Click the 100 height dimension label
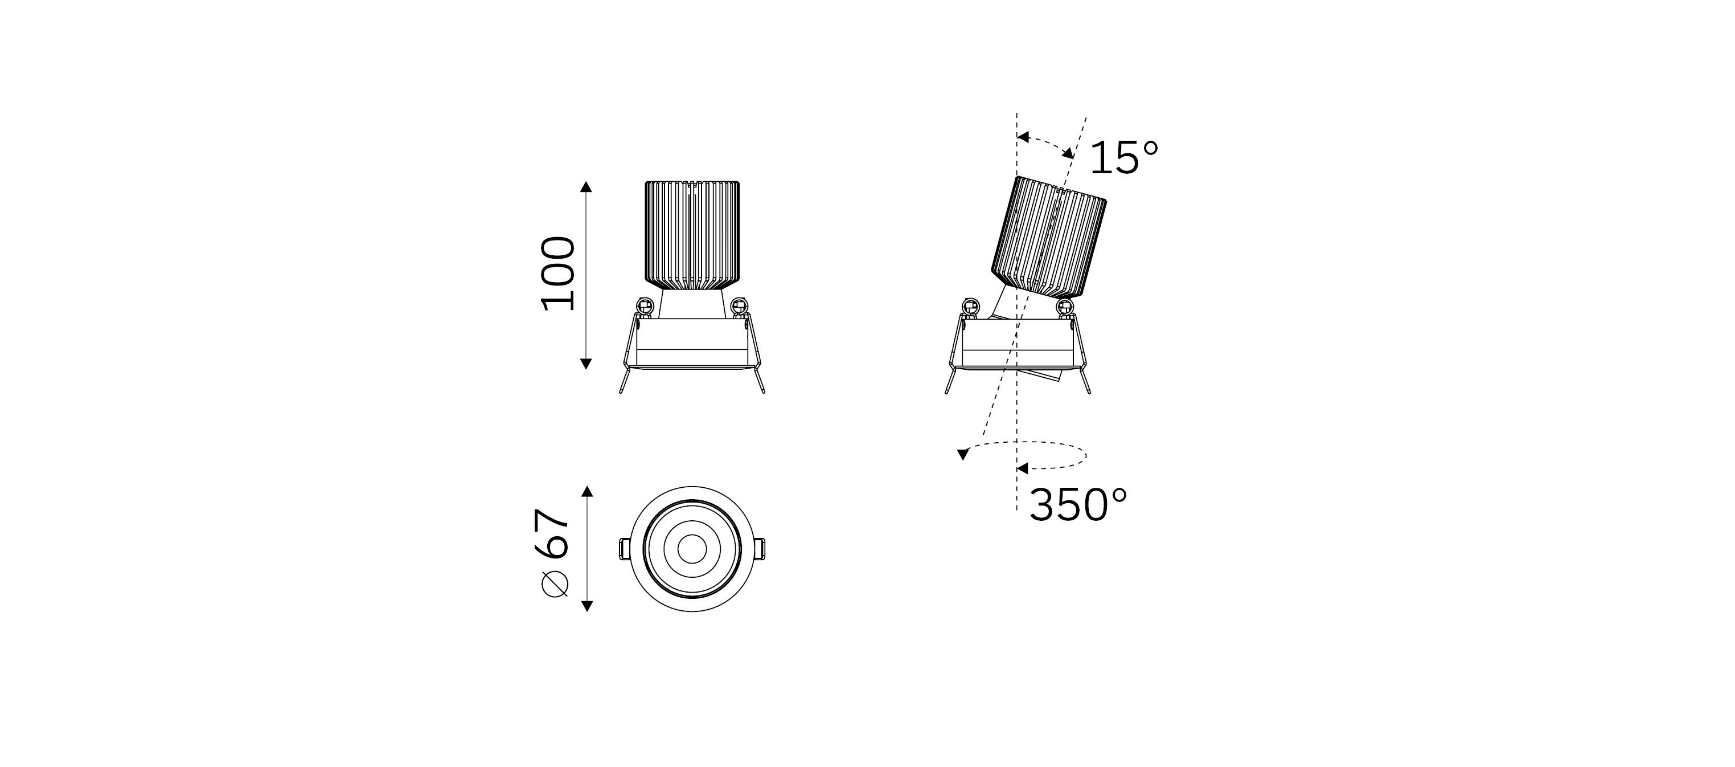559,274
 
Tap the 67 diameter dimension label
552,533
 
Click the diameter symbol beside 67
554,583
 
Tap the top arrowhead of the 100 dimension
586,187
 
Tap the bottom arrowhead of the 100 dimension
586,364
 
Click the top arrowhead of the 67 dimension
586,491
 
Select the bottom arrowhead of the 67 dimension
586,605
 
